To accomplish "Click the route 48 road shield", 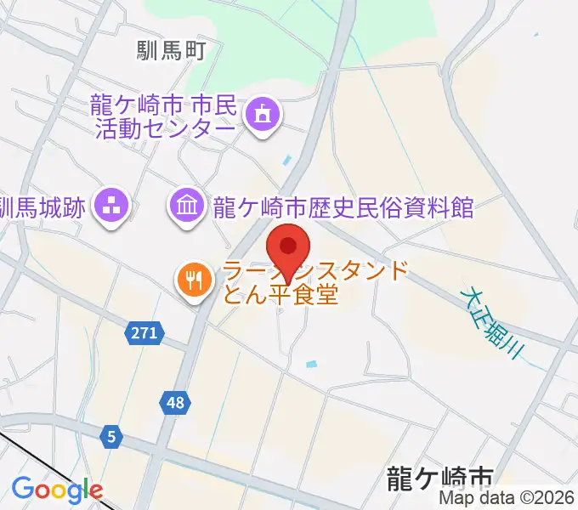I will coord(175,403).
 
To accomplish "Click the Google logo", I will coord(57,490).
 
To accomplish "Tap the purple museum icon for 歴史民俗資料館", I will coord(185,205).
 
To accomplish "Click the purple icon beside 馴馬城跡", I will coord(110,205).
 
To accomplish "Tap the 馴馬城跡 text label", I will coord(42,206).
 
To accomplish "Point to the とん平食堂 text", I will coord(280,295).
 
